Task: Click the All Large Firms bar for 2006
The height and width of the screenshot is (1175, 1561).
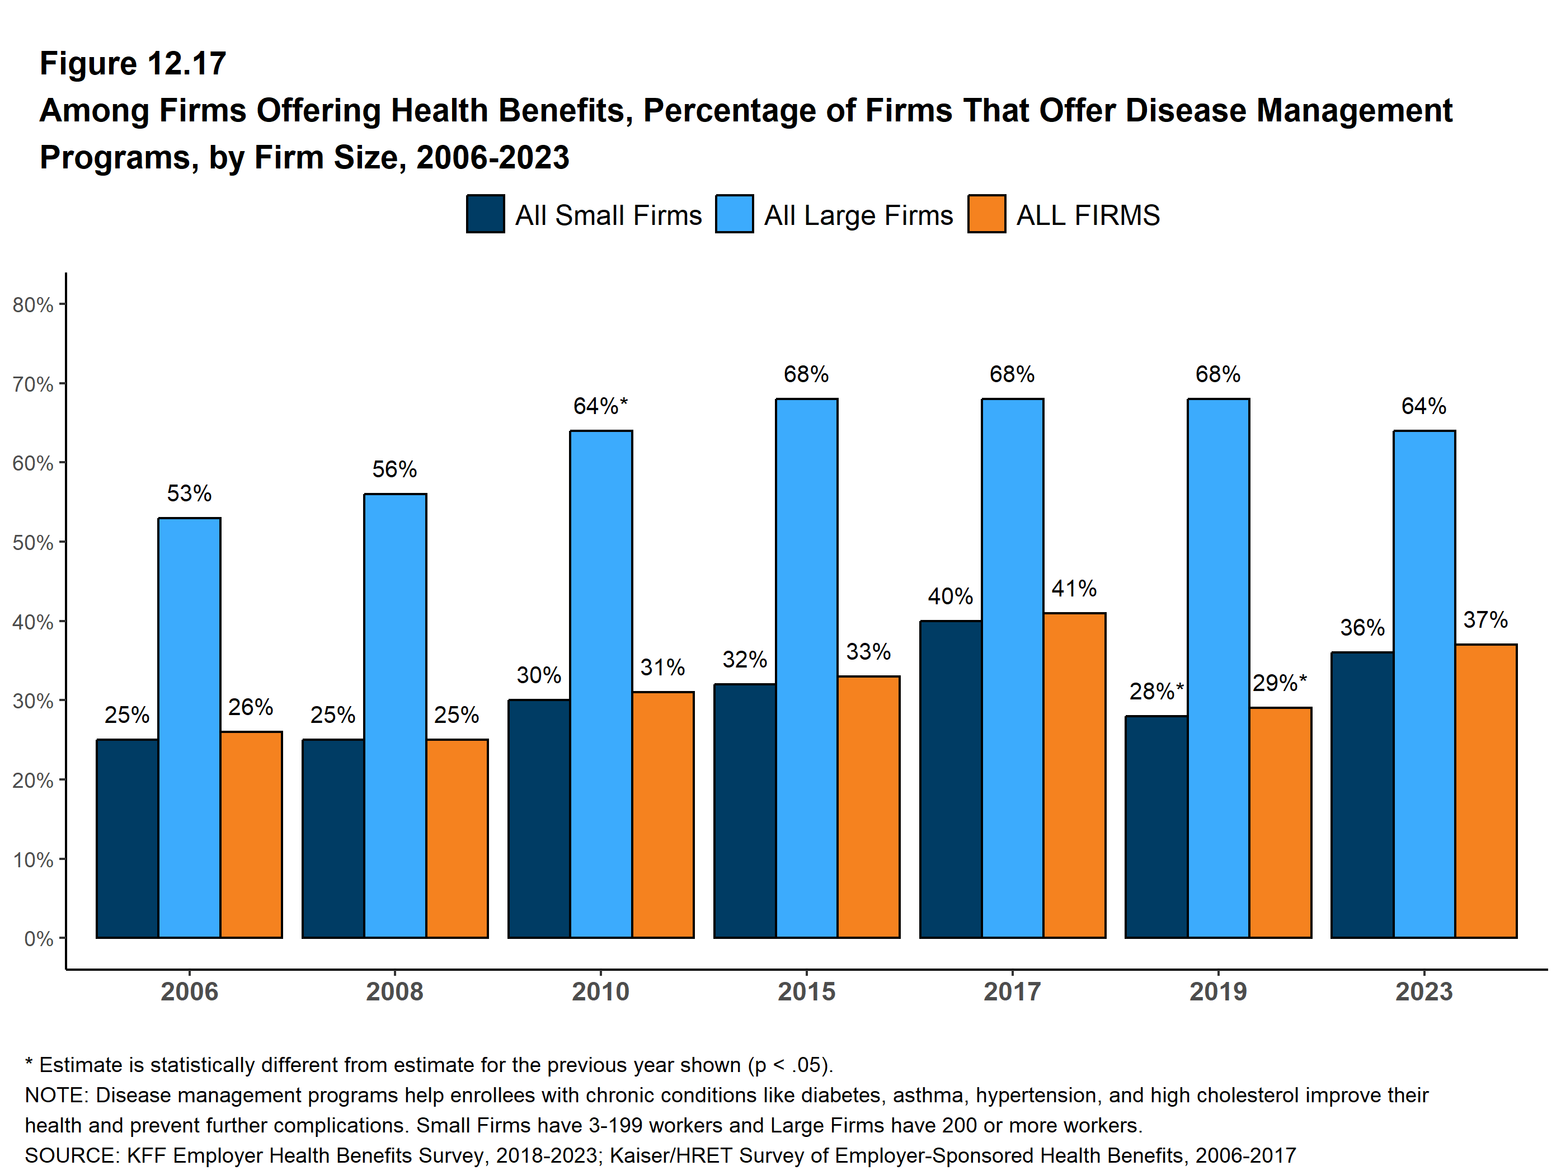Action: tap(189, 727)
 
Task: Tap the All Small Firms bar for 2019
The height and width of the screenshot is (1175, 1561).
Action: tap(1156, 826)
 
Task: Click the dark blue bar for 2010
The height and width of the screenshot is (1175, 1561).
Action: tap(538, 818)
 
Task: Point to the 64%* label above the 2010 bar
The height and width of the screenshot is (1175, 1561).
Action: tap(600, 406)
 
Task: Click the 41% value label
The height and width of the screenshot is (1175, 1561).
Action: tap(1074, 589)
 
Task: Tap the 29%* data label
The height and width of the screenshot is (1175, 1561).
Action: tap(1280, 683)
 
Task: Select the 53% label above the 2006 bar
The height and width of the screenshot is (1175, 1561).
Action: tap(189, 493)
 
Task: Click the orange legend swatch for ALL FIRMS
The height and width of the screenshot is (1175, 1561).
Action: tap(986, 214)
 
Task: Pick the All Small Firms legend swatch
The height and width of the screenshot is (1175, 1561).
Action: tap(486, 214)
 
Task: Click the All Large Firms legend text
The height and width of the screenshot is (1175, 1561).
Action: tap(858, 215)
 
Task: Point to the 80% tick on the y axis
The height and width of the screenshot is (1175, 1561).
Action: tap(33, 305)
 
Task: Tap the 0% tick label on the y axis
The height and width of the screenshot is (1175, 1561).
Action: tap(39, 938)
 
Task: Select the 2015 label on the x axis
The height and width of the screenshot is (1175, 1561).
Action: tap(806, 991)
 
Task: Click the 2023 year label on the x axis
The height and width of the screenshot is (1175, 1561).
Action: tap(1424, 991)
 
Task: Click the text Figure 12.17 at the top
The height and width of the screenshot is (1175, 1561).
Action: tap(133, 64)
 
